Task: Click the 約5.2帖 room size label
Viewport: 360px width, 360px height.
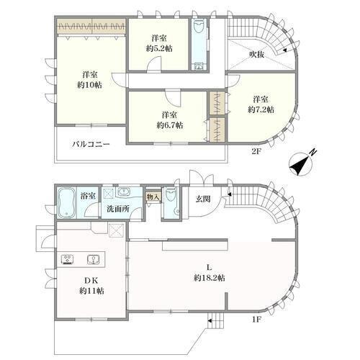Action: coord(159,49)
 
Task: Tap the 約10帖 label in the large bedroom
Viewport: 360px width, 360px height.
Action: coord(89,85)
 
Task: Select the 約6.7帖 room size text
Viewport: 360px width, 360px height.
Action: coord(170,125)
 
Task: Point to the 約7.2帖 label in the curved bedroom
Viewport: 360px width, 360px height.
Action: coord(261,109)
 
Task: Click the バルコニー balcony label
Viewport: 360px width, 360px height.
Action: coord(91,144)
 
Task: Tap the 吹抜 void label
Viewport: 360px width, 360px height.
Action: coord(256,55)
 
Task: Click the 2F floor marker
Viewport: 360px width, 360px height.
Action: coord(256,151)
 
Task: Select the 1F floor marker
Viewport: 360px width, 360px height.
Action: coord(256,320)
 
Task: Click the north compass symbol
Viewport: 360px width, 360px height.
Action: coord(302,164)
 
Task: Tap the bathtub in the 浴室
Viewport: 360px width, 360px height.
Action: coord(67,203)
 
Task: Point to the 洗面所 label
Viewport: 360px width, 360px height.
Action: coord(118,209)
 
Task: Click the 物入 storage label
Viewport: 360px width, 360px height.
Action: coord(153,197)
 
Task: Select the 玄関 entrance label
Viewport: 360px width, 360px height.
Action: coord(203,199)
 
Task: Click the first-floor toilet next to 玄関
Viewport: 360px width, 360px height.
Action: coord(171,195)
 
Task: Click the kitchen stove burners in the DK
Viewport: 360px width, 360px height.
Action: coord(68,259)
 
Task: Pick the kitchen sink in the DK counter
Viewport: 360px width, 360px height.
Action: coord(93,259)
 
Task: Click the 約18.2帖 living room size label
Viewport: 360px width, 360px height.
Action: coord(210,278)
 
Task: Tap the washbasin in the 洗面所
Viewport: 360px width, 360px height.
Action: coord(124,192)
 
